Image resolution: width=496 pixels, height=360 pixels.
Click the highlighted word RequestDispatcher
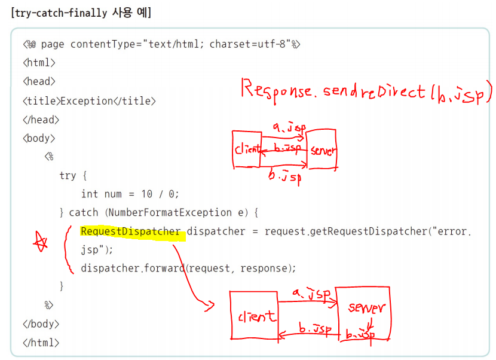pos(130,231)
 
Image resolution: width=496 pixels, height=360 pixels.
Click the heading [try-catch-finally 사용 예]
pos(81,13)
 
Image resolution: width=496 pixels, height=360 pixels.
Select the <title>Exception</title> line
pos(89,101)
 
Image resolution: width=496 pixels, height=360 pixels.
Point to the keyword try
pos(68,176)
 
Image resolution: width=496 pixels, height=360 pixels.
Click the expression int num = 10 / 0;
pos(130,194)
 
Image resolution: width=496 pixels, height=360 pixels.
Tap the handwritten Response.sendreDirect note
pos(366,91)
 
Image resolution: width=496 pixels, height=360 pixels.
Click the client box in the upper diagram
pos(247,150)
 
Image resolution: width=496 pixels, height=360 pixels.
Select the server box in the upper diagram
pos(323,150)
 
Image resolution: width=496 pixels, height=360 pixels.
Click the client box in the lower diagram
pos(253,316)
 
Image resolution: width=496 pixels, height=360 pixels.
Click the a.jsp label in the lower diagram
pos(311,294)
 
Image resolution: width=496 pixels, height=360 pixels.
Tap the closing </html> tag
pos(41,343)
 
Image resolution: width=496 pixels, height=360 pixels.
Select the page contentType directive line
pos(161,45)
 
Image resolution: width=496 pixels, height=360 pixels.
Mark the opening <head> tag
pos(39,82)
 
